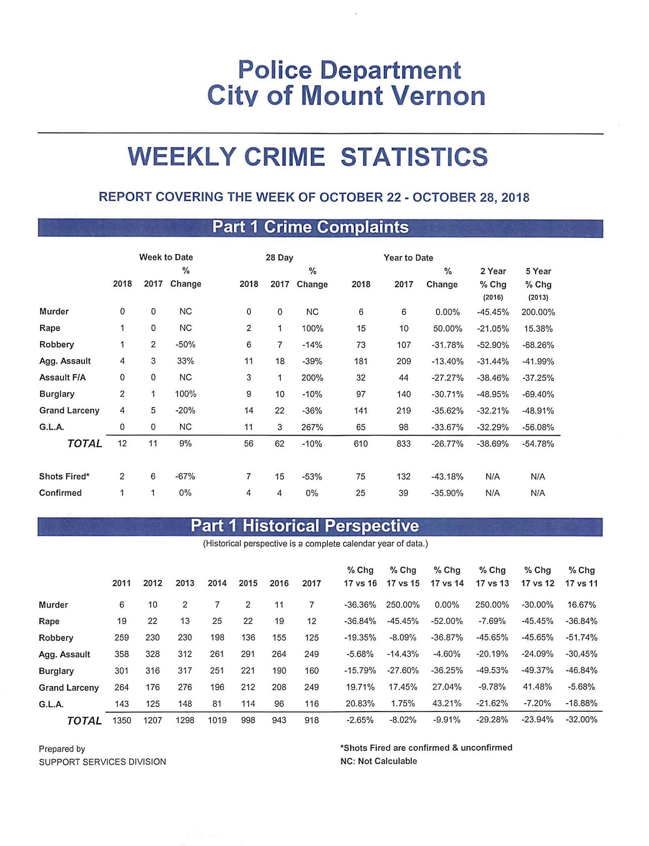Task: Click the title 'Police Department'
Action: [349, 70]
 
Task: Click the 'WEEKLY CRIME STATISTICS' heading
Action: [307, 157]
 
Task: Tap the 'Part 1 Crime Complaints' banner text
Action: [310, 227]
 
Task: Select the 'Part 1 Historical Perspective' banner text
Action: [305, 526]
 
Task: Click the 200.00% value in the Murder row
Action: [538, 312]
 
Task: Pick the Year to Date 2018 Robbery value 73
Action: [361, 345]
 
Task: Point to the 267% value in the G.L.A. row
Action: [312, 427]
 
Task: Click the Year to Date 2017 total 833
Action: [403, 444]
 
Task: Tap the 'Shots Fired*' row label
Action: [64, 476]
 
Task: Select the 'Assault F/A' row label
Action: [62, 378]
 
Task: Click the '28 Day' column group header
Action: [279, 258]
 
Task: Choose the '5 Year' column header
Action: [538, 271]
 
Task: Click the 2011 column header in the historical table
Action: [122, 583]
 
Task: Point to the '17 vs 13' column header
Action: [492, 583]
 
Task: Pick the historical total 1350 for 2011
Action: [122, 720]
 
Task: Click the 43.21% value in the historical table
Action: [447, 704]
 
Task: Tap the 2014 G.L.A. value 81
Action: [217, 704]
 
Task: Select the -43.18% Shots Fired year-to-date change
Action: [447, 477]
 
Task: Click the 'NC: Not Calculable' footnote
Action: [378, 761]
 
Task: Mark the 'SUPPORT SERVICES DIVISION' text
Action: [102, 762]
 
